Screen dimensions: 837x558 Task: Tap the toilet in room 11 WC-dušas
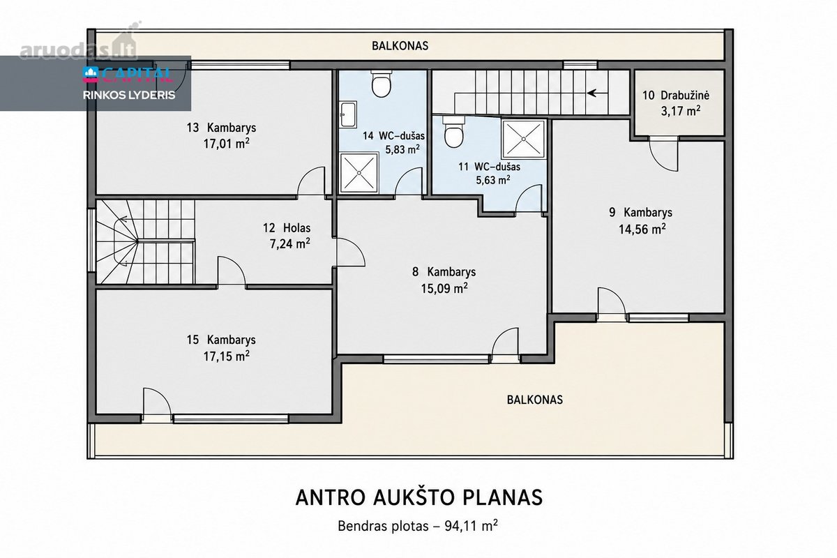point(453,131)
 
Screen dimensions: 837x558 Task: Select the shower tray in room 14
point(359,173)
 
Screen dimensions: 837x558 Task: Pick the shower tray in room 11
point(523,139)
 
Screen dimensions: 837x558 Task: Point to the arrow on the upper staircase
point(597,93)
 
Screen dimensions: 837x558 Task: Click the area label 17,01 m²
point(227,144)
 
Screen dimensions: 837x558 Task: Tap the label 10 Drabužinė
point(676,95)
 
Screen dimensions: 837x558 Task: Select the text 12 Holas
point(287,227)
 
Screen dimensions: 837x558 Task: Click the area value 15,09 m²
point(444,288)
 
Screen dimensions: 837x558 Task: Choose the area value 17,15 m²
point(227,356)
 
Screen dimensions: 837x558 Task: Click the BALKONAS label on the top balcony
point(400,46)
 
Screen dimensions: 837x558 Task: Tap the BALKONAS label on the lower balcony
point(535,400)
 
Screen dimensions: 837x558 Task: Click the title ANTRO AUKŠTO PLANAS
point(419,497)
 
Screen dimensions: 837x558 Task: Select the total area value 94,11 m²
point(472,526)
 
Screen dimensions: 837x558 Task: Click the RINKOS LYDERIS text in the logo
point(129,96)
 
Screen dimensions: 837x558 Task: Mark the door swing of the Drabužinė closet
point(663,153)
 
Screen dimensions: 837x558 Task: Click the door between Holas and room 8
point(350,252)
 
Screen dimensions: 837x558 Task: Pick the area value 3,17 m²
point(681,111)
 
